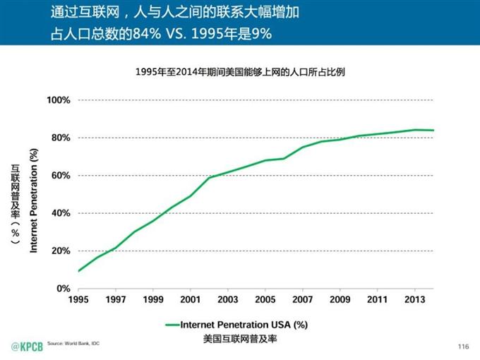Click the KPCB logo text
point(25,346)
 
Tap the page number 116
point(463,346)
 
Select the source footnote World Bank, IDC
point(72,342)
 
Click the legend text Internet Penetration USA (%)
point(245,325)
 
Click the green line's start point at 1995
point(78,271)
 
